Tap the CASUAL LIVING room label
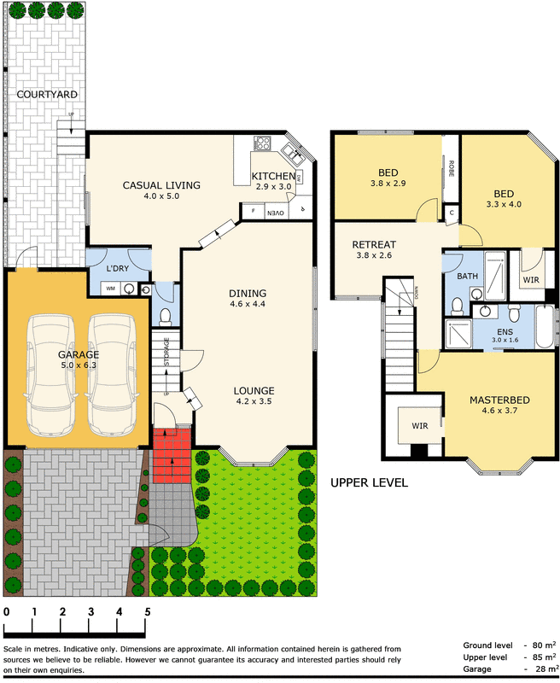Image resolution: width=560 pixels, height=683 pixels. point(161,185)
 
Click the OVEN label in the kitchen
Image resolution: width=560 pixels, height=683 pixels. point(276,212)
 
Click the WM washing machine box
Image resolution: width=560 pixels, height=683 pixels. point(111,289)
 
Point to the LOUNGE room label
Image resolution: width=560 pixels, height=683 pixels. point(254,392)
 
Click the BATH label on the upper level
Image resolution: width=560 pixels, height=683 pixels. point(467,276)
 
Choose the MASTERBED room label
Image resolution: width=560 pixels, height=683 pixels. point(499,400)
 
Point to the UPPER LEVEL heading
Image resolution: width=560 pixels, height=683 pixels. point(369,482)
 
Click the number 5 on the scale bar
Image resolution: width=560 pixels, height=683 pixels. point(148,612)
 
